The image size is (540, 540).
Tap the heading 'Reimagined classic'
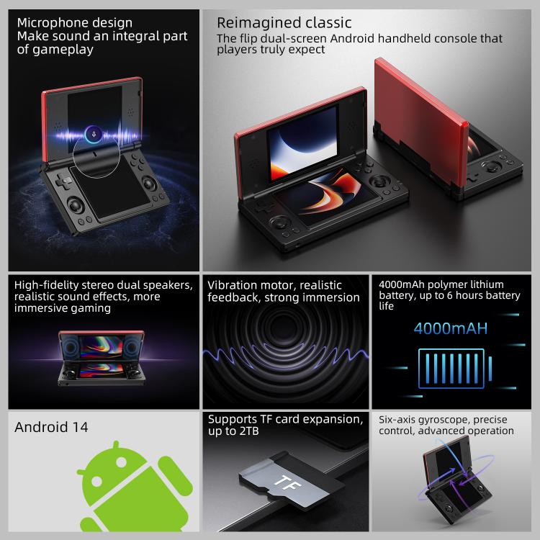[284, 23]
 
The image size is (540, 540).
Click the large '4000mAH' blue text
[450, 329]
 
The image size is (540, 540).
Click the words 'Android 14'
[51, 427]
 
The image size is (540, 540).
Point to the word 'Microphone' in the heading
[50, 22]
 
